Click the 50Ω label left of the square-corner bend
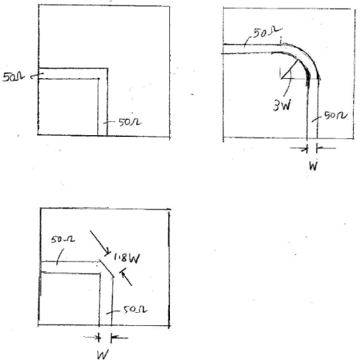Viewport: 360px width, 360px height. pyautogui.click(x=13, y=77)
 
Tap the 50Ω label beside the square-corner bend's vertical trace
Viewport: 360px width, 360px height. pyautogui.click(x=130, y=122)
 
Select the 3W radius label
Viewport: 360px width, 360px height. pyautogui.click(x=282, y=105)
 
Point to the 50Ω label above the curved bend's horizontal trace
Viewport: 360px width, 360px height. pyautogui.click(x=267, y=32)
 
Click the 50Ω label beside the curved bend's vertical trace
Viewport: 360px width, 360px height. pyautogui.click(x=335, y=115)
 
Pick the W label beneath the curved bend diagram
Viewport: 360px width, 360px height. pyautogui.click(x=313, y=166)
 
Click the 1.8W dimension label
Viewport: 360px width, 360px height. pyautogui.click(x=127, y=258)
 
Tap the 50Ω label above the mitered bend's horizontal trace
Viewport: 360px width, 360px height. pyautogui.click(x=63, y=239)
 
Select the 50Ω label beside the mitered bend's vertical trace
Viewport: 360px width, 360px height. pyautogui.click(x=135, y=309)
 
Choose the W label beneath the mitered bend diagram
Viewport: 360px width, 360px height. pyautogui.click(x=103, y=355)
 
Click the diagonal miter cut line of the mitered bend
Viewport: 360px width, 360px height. pyautogui.click(x=107, y=268)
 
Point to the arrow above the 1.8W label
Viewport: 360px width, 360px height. pyautogui.click(x=100, y=243)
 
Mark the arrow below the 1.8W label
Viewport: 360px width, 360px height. pyautogui.click(x=127, y=277)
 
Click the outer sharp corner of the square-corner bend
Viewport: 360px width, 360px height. pyautogui.click(x=107, y=69)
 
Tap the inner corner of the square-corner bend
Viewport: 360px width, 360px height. pyautogui.click(x=98, y=79)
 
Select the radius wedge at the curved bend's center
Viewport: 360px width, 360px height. pyautogui.click(x=290, y=69)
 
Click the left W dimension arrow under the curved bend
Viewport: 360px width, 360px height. pyautogui.click(x=299, y=148)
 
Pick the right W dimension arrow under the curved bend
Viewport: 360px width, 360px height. pyautogui.click(x=326, y=148)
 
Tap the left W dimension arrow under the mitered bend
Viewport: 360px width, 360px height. pyautogui.click(x=92, y=337)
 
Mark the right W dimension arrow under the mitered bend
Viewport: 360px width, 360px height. pyautogui.click(x=119, y=338)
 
